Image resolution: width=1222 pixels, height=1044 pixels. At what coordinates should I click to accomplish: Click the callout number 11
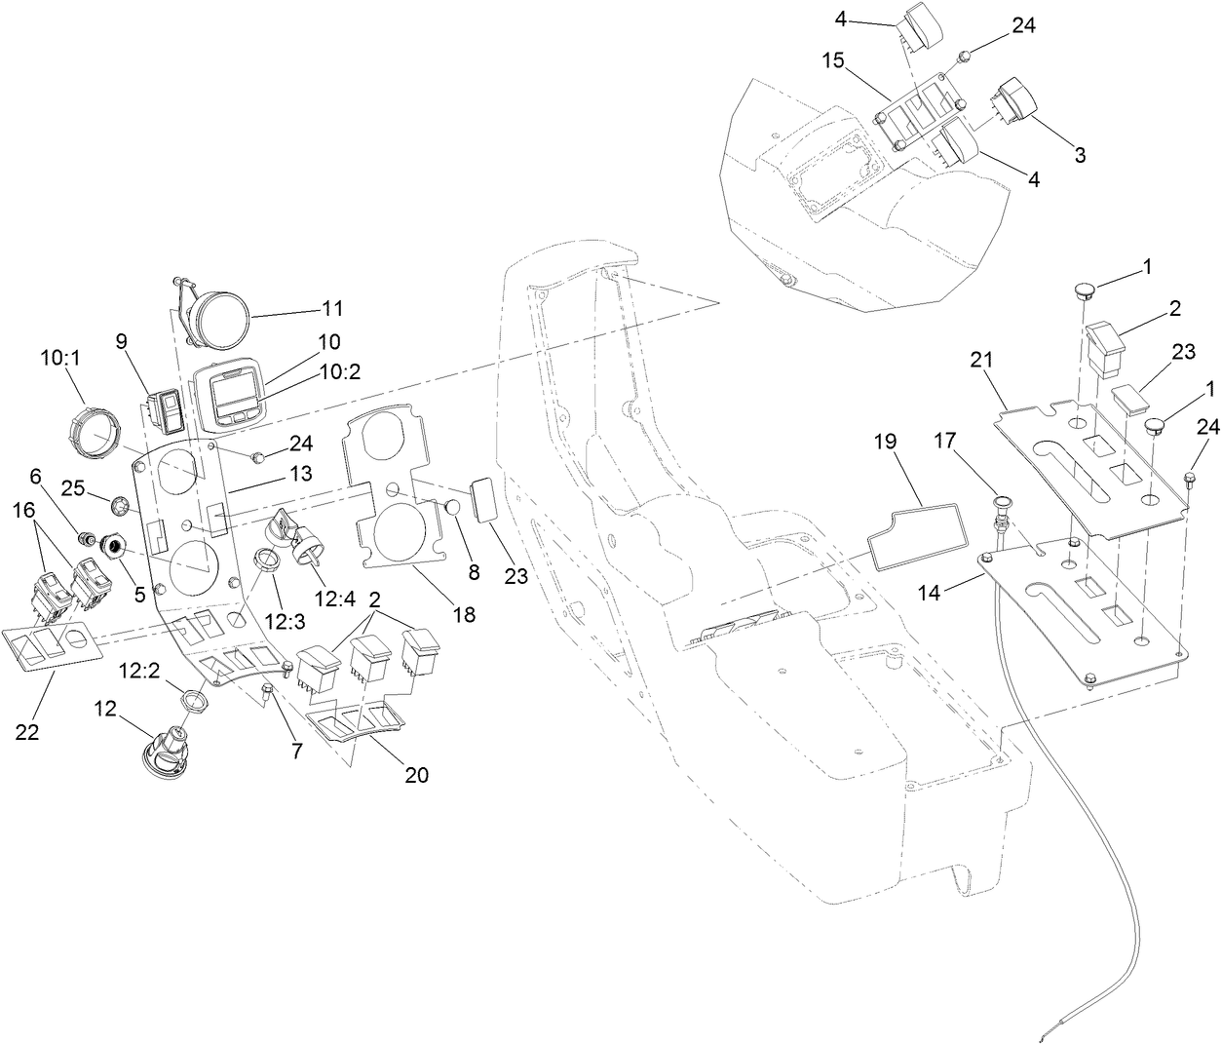(x=332, y=308)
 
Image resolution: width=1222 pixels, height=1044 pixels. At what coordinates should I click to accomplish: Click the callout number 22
(x=27, y=732)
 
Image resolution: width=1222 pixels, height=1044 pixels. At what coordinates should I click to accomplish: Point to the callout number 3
(x=1080, y=154)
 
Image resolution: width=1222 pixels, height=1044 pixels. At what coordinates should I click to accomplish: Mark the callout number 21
(x=980, y=359)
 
